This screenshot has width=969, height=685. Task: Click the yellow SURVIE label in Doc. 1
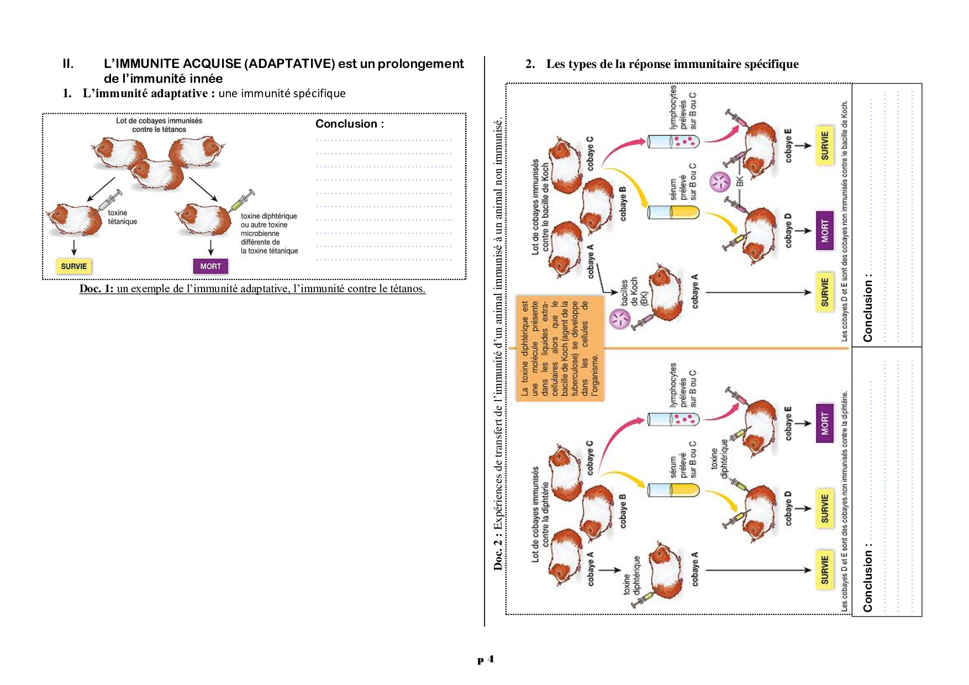click(73, 266)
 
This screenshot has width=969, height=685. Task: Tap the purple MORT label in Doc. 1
click(210, 266)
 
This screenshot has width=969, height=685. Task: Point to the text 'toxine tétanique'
click(122, 217)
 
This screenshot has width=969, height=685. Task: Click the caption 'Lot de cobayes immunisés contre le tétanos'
click(159, 125)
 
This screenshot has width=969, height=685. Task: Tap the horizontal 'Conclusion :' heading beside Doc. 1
click(349, 124)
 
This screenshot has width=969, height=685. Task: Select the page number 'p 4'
click(486, 659)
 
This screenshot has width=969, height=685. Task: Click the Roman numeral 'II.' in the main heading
click(68, 64)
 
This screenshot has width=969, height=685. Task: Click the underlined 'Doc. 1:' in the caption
click(96, 288)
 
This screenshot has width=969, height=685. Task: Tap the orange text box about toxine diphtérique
click(560, 348)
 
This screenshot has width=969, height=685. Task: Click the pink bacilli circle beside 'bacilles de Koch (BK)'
click(619, 319)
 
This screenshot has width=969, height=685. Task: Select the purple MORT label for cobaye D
click(824, 230)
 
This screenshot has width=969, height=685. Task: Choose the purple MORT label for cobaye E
click(824, 423)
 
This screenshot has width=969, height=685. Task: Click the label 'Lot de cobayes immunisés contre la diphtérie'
click(540, 514)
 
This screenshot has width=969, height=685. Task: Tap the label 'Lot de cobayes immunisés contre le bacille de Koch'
click(540, 207)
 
